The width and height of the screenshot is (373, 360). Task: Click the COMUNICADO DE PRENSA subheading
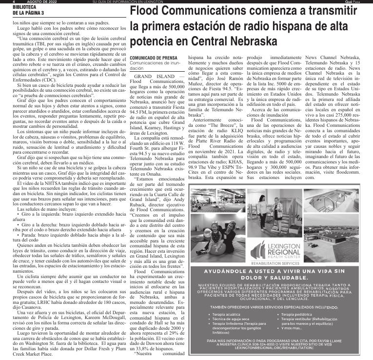tap(148, 58)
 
